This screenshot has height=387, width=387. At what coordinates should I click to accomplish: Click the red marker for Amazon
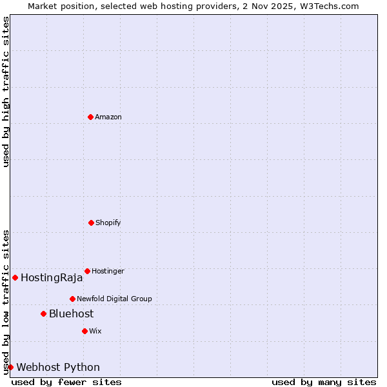pyautogui.click(x=90, y=117)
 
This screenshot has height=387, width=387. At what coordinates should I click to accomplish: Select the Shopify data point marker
pyautogui.click(x=91, y=223)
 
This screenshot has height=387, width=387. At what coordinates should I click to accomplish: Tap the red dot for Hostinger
pyautogui.click(x=87, y=271)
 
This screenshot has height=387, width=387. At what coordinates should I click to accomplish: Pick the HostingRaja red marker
pyautogui.click(x=15, y=277)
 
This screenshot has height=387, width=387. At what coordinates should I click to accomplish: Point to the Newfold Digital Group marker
pyautogui.click(x=72, y=299)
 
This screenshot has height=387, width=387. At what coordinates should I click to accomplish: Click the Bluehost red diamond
pyautogui.click(x=43, y=313)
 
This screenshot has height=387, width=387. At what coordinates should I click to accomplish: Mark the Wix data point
pyautogui.click(x=84, y=331)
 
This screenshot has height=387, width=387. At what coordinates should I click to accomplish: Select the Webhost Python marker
pyautogui.click(x=10, y=367)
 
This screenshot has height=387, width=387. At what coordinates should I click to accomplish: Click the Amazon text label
pyautogui.click(x=108, y=117)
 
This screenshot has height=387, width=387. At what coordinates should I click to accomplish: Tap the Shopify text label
pyautogui.click(x=108, y=223)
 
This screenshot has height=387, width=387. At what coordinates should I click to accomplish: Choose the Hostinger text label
pyautogui.click(x=108, y=271)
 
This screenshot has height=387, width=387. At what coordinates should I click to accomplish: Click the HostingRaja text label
pyautogui.click(x=52, y=278)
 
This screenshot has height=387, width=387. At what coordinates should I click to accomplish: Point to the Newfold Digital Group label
pyautogui.click(x=114, y=299)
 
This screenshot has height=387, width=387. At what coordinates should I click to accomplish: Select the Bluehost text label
pyautogui.click(x=71, y=314)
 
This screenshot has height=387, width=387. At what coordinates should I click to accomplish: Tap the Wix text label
pyautogui.click(x=95, y=331)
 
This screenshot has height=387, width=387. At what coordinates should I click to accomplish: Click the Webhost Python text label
pyautogui.click(x=58, y=368)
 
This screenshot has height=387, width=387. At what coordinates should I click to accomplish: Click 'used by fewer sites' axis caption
pyautogui.click(x=66, y=382)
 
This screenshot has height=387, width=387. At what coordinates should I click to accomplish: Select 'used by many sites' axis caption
pyautogui.click(x=324, y=382)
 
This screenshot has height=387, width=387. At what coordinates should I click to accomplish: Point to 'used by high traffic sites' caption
pyautogui.click(x=6, y=92)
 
